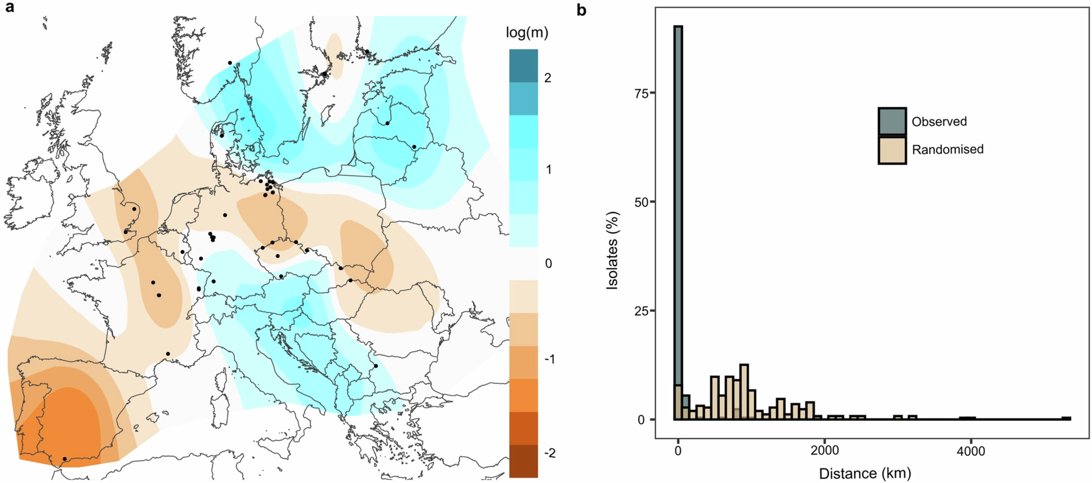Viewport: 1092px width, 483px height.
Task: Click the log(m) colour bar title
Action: (527, 33)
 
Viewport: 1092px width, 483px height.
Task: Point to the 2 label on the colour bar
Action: (548, 78)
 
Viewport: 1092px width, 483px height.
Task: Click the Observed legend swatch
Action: (892, 122)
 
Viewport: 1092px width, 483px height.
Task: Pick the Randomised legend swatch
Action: (892, 150)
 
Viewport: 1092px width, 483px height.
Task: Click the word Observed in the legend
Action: (939, 122)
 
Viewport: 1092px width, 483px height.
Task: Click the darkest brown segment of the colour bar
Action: (524, 461)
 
